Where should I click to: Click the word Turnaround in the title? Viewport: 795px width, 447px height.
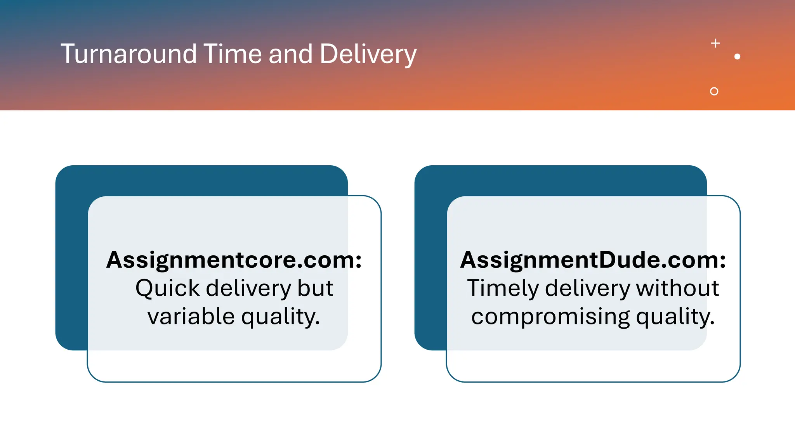click(128, 54)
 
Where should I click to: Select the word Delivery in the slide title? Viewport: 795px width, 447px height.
click(368, 54)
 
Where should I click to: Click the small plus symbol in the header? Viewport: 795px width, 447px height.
click(715, 43)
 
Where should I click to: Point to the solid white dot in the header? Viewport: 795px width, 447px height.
click(737, 57)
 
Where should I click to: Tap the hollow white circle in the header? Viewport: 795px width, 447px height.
click(714, 91)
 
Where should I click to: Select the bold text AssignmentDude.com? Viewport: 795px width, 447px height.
click(593, 260)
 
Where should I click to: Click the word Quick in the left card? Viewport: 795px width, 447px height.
click(167, 288)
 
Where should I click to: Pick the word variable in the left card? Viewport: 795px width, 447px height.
click(191, 316)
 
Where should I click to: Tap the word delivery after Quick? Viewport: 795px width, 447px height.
click(248, 288)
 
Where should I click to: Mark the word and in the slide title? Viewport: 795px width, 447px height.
click(290, 54)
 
